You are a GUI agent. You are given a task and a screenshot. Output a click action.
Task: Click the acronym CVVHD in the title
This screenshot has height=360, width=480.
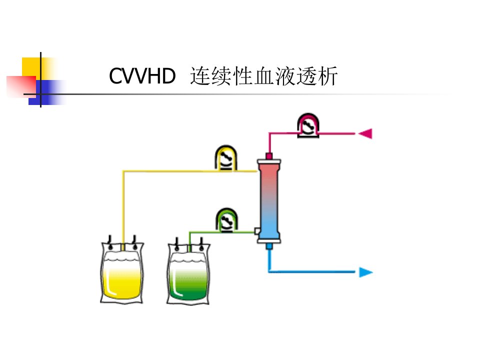point(142,76)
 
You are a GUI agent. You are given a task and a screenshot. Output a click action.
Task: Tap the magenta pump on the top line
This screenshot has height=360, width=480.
point(308,125)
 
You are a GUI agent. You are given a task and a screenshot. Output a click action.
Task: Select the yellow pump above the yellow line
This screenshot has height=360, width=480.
point(226,158)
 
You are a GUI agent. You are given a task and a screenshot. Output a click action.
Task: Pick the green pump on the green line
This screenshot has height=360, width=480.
point(226,220)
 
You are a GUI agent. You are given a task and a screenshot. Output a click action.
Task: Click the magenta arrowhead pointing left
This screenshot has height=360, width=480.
point(365,133)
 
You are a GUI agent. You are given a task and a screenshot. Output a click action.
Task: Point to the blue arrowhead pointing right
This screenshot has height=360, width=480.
point(366,272)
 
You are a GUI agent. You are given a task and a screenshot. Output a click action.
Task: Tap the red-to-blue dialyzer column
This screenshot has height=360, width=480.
point(269,201)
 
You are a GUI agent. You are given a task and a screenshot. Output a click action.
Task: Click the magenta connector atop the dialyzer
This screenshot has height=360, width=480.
point(269,156)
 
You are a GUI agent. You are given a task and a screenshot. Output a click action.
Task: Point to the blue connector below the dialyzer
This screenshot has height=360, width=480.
point(269,246)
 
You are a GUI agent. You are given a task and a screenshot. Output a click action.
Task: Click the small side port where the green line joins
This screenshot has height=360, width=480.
point(257,231)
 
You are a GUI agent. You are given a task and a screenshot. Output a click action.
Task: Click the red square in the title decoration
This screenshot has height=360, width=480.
point(21,86)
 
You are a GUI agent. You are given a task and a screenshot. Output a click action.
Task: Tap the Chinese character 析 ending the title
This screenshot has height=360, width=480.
point(327,76)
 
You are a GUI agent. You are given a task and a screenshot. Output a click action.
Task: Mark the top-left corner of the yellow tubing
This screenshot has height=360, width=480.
point(123,171)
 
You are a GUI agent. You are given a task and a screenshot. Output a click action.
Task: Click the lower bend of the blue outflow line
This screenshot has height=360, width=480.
point(269,271)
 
